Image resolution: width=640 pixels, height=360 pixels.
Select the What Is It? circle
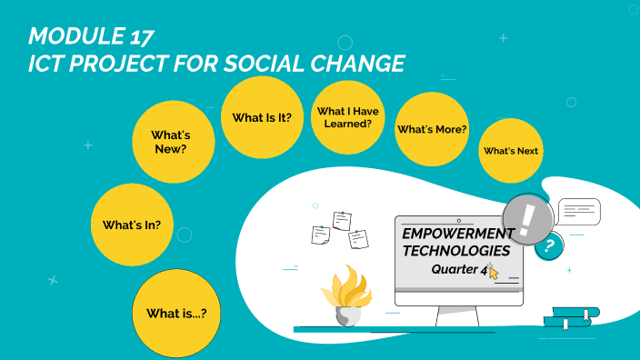tap(262, 117)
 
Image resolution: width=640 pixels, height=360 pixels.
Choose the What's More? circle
tap(432, 129)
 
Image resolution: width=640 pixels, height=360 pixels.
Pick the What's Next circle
tap(511, 151)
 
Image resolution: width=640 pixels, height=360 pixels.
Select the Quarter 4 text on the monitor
tap(459, 269)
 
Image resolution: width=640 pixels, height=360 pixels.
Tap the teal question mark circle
tap(547, 245)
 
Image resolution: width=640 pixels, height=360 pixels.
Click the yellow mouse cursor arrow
tap(494, 272)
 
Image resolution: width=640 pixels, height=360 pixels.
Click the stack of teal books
tap(571, 316)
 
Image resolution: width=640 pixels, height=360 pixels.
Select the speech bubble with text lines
tap(579, 212)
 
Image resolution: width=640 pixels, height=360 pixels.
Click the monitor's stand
tap(458, 316)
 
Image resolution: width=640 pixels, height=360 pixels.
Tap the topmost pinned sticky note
tap(342, 220)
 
